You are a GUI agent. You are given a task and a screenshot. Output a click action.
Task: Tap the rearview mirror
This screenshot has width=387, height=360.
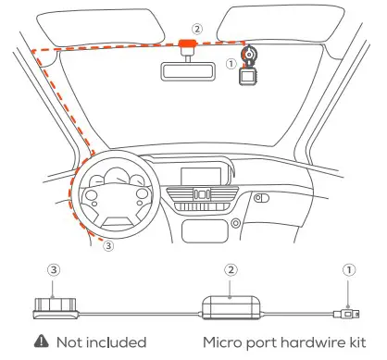(x=188, y=70)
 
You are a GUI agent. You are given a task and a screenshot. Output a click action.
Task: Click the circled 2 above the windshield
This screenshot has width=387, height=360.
(x=196, y=29)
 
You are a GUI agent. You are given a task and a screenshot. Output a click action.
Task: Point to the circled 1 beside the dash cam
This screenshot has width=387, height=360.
(x=231, y=65)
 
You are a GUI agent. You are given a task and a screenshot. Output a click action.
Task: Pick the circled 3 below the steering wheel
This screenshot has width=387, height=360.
(x=108, y=247)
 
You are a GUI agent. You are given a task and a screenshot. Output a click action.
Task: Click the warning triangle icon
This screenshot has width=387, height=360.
(x=43, y=341)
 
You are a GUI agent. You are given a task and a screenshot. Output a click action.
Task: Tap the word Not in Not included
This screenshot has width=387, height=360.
(x=72, y=341)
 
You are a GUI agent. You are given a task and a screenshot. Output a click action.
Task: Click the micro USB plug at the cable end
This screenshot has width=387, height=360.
(x=346, y=313)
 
